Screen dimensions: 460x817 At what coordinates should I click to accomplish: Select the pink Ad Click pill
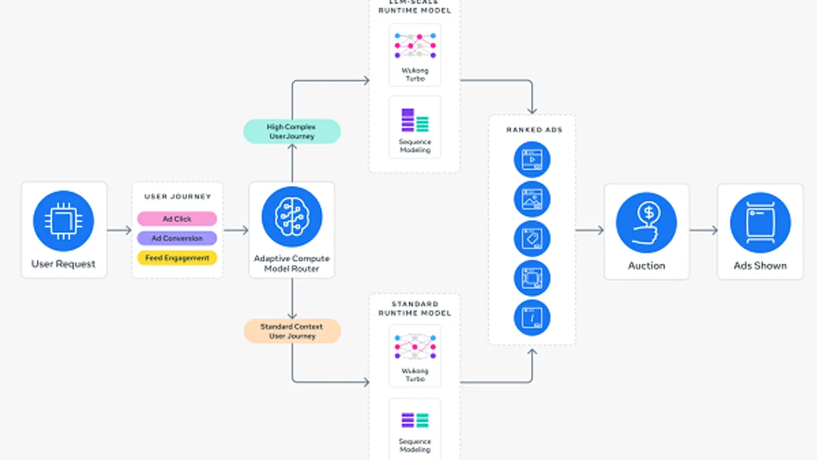click(x=177, y=219)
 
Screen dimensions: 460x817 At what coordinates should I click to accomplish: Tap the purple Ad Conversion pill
click(x=177, y=239)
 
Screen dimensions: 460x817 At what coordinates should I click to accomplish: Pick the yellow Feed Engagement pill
click(x=177, y=258)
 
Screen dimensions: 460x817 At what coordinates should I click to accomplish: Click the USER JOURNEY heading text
click(x=177, y=197)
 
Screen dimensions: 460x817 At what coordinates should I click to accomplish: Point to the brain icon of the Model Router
click(x=291, y=216)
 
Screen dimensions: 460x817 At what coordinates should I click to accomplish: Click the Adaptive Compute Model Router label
click(x=291, y=264)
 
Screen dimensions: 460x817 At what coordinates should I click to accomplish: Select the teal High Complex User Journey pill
click(x=291, y=132)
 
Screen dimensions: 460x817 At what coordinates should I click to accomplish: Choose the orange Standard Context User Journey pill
click(x=292, y=331)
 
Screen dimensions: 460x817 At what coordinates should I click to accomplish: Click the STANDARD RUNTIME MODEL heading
click(x=415, y=308)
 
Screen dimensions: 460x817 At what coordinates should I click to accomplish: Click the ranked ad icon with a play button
click(x=531, y=160)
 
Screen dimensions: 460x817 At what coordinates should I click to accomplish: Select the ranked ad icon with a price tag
click(x=531, y=239)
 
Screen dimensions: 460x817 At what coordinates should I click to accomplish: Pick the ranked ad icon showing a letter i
click(x=531, y=318)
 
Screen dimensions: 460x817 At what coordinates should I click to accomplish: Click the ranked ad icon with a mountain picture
click(x=531, y=199)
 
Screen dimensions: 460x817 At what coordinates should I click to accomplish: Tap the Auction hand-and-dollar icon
click(x=646, y=221)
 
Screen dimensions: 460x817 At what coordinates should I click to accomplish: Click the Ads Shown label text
click(x=760, y=266)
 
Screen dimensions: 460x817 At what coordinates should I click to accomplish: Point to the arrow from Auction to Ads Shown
click(x=703, y=230)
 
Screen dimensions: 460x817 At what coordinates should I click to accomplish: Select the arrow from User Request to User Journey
click(x=119, y=230)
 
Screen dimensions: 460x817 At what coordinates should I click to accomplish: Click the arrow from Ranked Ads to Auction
click(x=590, y=230)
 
